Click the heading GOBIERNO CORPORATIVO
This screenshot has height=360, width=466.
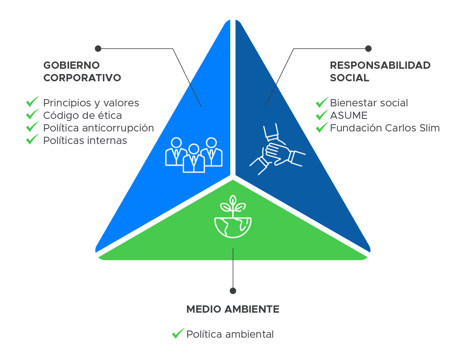pyautogui.click(x=82, y=71)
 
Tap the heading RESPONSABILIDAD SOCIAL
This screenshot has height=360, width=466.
pyautogui.click(x=380, y=71)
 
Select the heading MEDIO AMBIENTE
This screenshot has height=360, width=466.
pyautogui.click(x=233, y=309)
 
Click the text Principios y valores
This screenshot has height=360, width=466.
pyautogui.click(x=91, y=103)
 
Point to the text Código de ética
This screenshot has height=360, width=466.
pyautogui.click(x=82, y=116)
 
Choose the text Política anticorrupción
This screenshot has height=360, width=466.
pyautogui.click(x=98, y=128)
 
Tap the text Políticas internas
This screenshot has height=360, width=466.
pyautogui.click(x=85, y=141)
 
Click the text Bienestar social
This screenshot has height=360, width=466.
pyautogui.click(x=369, y=103)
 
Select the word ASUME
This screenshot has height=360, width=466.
pyautogui.click(x=348, y=116)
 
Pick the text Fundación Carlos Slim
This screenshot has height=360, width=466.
pyautogui.click(x=384, y=128)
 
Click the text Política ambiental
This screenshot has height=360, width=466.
pyautogui.click(x=230, y=335)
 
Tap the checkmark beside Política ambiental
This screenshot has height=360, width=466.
pyautogui.click(x=178, y=334)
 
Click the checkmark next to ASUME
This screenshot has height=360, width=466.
pyautogui.click(x=322, y=115)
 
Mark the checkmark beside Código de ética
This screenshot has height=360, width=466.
pyautogui.click(x=32, y=115)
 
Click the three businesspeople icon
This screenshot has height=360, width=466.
pyautogui.click(x=194, y=155)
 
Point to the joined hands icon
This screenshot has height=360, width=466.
pyautogui.click(x=277, y=150)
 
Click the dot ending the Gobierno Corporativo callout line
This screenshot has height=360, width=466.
pyautogui.click(x=97, y=49)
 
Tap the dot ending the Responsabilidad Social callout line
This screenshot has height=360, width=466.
pyautogui.click(x=368, y=49)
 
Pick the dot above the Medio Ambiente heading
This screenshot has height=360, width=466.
pyautogui.click(x=233, y=291)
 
